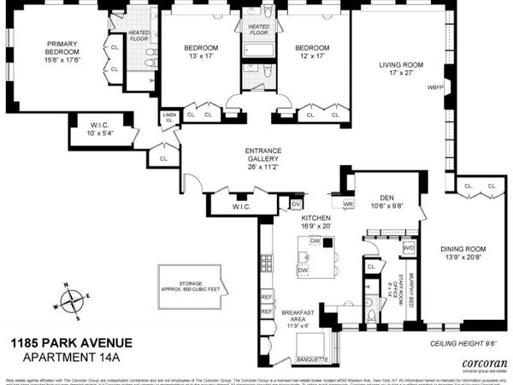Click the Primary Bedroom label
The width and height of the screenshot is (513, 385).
[x=62, y=50]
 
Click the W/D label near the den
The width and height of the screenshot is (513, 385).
[x=409, y=248]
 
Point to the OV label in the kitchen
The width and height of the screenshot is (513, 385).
[x=296, y=204]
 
